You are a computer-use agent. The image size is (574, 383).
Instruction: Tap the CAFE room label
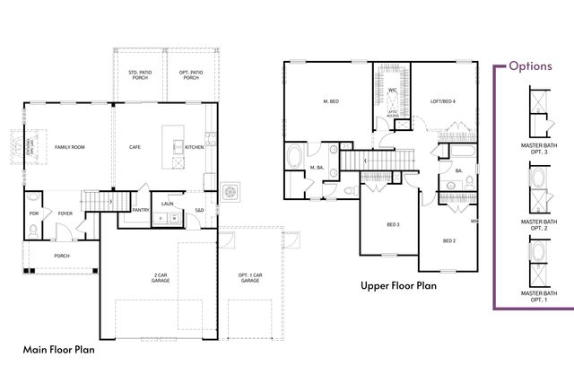pyautogui.click(x=135, y=146)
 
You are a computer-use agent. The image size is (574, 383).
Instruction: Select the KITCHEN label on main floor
pyautogui.click(x=194, y=146)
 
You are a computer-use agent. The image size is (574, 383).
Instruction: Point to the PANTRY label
pyautogui.click(x=140, y=210)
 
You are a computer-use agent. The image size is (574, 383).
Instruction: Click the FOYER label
pyautogui.click(x=65, y=214)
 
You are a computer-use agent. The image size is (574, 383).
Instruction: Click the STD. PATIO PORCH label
pyautogui.click(x=139, y=74)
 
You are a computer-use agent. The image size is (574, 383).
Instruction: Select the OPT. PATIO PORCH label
pyautogui.click(x=190, y=74)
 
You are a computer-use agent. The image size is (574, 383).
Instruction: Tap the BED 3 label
pyautogui.click(x=393, y=224)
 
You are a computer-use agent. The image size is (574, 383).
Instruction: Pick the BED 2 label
pyautogui.click(x=450, y=240)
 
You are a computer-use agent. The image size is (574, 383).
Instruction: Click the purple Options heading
pyautogui.click(x=536, y=65)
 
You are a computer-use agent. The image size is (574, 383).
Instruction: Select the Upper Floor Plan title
pyautogui.click(x=398, y=286)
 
